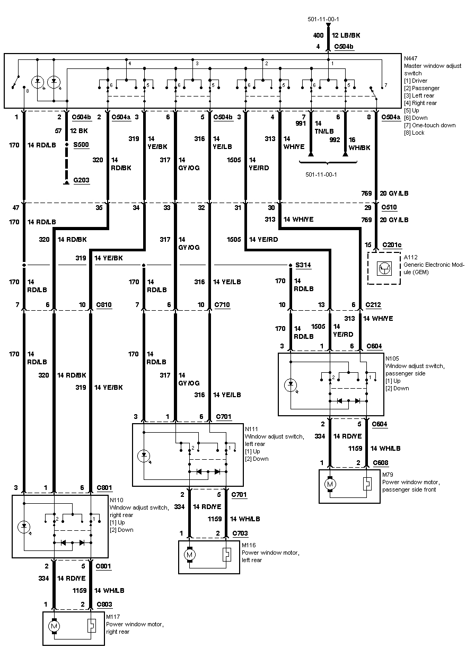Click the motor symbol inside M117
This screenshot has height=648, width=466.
coord(54,626)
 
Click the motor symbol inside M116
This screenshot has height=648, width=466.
coord(189,555)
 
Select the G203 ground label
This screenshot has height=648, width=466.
coord(82,180)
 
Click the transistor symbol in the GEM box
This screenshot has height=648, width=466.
coord(384,268)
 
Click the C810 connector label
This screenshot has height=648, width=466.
coord(104,305)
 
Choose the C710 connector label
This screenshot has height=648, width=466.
coord(222,305)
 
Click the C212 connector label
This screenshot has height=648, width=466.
coord(374,305)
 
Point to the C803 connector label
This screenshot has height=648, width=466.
coord(104,604)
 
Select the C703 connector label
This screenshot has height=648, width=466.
coord(240,533)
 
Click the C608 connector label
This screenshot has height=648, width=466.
coord(380,462)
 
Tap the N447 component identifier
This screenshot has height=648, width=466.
coord(411,57)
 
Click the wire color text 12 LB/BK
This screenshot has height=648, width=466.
coord(346,35)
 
